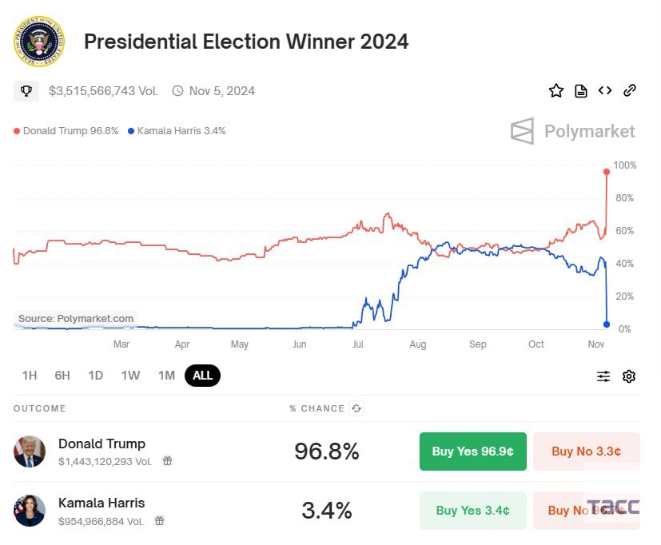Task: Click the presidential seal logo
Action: point(38,41)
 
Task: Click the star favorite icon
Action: point(556,91)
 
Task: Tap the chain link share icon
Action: point(630,90)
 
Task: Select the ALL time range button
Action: point(202,376)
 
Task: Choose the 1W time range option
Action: point(130,376)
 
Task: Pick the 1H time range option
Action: point(30,376)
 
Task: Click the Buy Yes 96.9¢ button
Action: point(473,452)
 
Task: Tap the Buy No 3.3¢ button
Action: point(586,452)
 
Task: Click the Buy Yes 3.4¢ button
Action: point(473,510)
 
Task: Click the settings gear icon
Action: point(629,376)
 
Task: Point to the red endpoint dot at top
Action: point(607,172)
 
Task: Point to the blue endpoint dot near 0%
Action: point(607,324)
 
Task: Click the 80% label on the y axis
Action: point(624,198)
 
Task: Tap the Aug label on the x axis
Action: point(417,344)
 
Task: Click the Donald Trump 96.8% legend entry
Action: point(66,131)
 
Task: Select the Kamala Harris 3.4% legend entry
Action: point(177,131)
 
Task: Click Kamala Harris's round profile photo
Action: point(30,510)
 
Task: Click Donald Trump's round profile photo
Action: point(30,452)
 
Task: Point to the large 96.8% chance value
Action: point(327,452)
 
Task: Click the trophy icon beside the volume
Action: point(26,91)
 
